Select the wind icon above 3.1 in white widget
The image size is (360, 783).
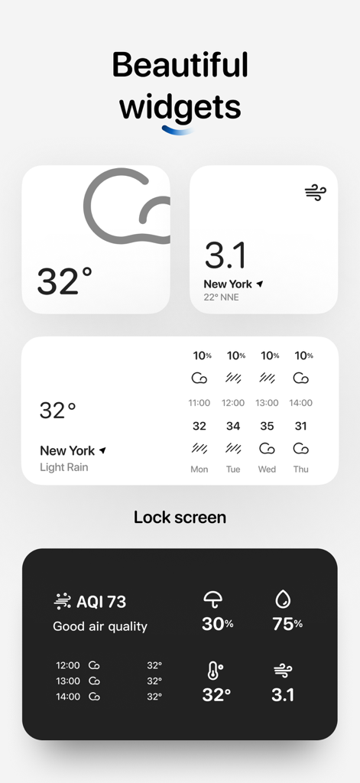click(315, 193)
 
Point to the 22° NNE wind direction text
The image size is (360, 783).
click(221, 297)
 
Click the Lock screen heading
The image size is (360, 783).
click(180, 517)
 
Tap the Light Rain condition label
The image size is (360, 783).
click(63, 467)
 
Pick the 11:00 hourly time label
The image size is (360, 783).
click(199, 403)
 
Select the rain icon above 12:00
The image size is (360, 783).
click(233, 378)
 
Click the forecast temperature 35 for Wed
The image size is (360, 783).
click(267, 426)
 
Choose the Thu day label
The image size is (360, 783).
click(301, 469)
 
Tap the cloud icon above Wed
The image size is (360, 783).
click(267, 448)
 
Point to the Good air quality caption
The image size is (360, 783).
click(99, 626)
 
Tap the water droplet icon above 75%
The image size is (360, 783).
click(283, 599)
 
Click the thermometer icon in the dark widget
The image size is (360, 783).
click(215, 671)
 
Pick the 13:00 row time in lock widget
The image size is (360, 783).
click(67, 681)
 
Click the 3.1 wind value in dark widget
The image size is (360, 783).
click(283, 695)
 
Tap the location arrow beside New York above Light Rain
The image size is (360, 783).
click(102, 450)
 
